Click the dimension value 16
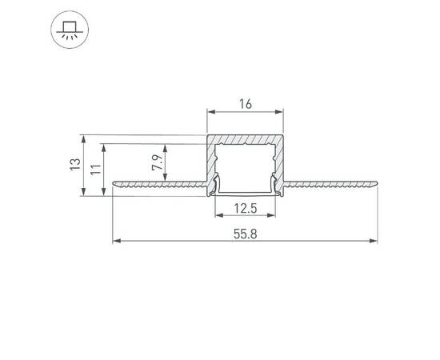pos(246,103)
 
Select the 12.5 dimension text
pos(245,209)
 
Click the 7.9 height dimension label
pos(158,163)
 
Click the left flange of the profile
pos(160,184)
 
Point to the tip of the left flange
pos(114,184)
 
